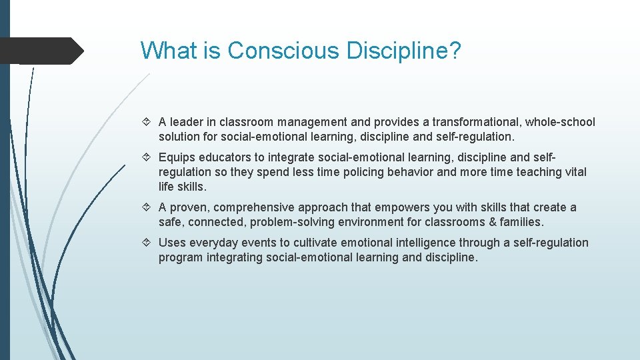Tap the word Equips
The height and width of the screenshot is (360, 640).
pos(175,157)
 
